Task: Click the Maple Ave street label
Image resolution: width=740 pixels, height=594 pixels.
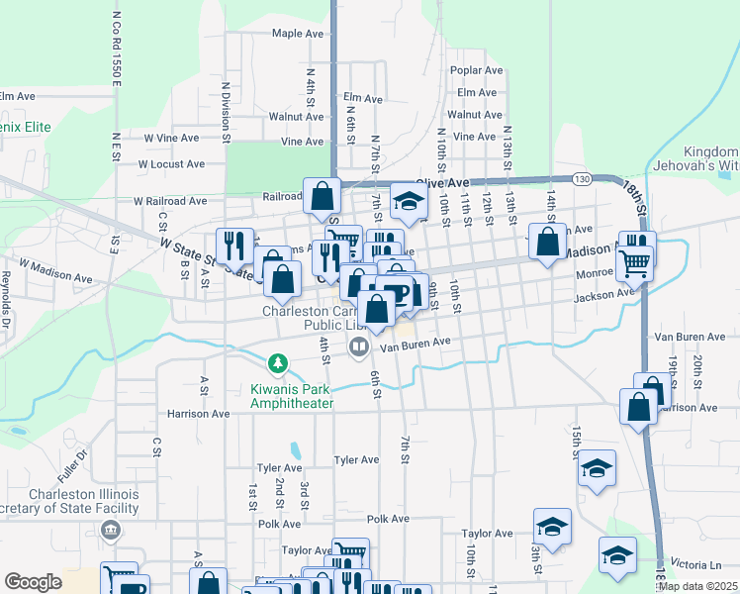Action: (x=298, y=34)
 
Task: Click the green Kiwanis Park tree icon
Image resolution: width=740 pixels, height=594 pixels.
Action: (x=280, y=362)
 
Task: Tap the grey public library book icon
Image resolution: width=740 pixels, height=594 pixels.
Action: (x=358, y=346)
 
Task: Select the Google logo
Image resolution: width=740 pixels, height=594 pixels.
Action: (x=33, y=582)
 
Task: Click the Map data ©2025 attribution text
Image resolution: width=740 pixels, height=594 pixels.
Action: (x=696, y=586)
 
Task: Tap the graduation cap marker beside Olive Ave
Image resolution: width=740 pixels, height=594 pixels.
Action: (x=407, y=201)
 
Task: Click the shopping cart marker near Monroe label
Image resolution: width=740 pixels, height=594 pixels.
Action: (x=634, y=263)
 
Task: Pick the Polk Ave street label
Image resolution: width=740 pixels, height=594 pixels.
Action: (x=388, y=519)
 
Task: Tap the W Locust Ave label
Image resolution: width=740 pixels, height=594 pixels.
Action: (x=170, y=164)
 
